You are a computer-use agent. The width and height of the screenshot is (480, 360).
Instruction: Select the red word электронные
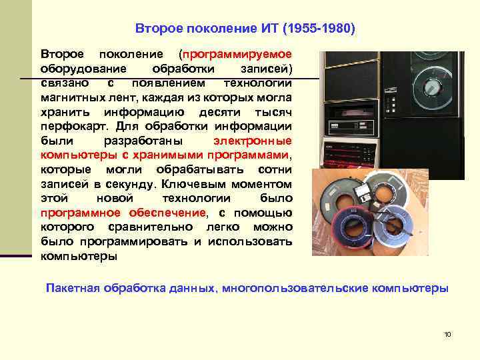point(253,141)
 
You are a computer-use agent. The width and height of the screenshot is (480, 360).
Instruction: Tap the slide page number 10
point(447,333)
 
